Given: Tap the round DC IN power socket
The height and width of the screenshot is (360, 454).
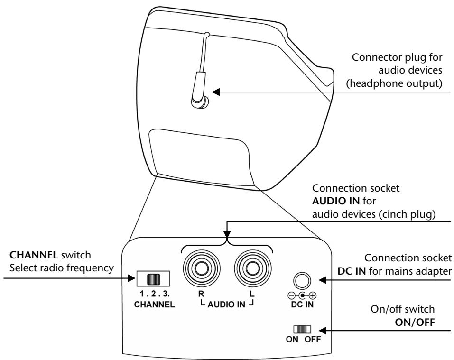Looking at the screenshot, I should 300,281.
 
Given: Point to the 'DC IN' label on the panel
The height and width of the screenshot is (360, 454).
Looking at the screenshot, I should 300,304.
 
